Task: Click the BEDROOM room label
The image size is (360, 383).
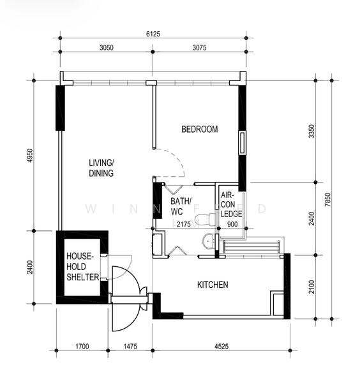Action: [x=199, y=130]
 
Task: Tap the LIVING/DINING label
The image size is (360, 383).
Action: [x=101, y=168]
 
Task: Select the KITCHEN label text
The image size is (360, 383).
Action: [x=213, y=285]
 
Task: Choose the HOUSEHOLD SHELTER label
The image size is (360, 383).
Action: [x=82, y=266]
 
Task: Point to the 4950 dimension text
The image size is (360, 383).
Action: [x=29, y=155]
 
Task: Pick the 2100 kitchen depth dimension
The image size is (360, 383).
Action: [x=311, y=286]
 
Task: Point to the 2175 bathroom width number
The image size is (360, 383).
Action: [x=185, y=224]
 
